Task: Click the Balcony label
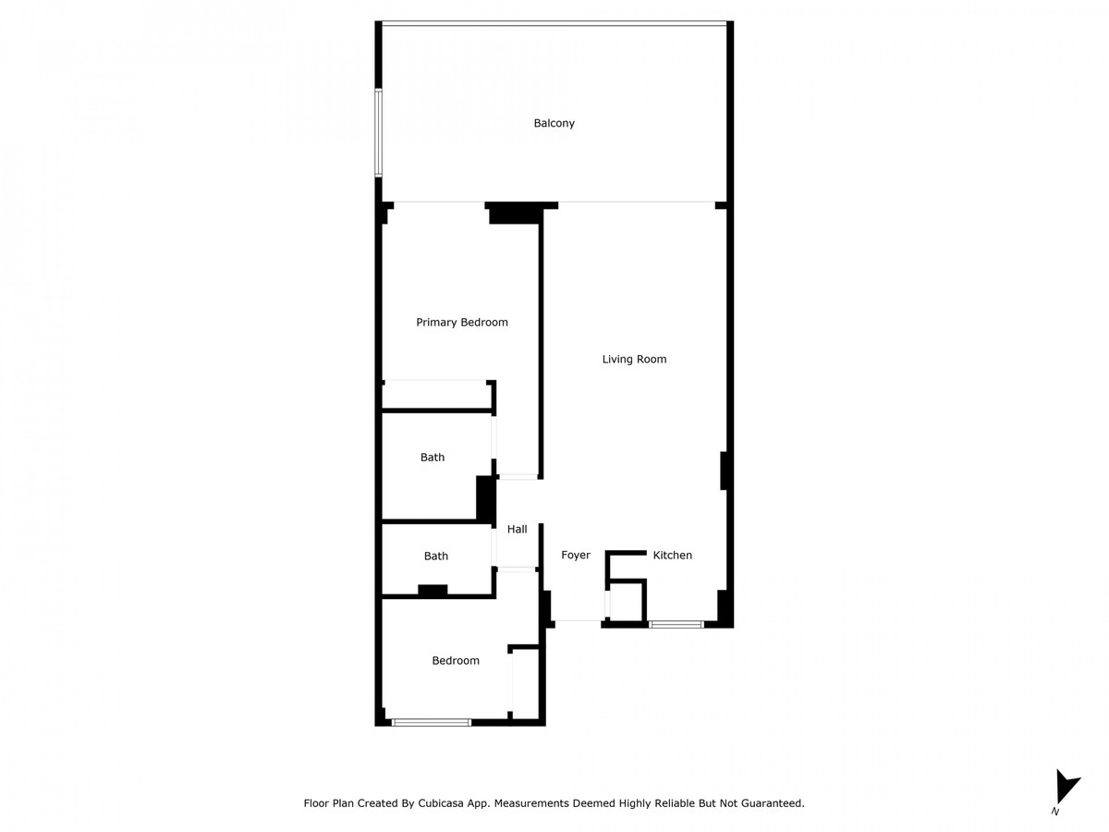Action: pyautogui.click(x=554, y=123)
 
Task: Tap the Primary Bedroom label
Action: pyautogui.click(x=462, y=323)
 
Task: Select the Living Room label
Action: pyautogui.click(x=634, y=359)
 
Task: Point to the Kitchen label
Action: pyautogui.click(x=673, y=556)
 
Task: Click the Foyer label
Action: pyautogui.click(x=576, y=556)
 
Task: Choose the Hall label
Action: pyautogui.click(x=518, y=530)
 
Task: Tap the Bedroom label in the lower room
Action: pyautogui.click(x=457, y=661)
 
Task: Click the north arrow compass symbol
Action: pyautogui.click(x=1066, y=786)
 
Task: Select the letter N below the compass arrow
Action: pyautogui.click(x=1055, y=812)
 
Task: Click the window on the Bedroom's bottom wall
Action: pyautogui.click(x=432, y=722)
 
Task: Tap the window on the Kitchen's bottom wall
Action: pyautogui.click(x=676, y=625)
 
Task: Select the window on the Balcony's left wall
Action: pyautogui.click(x=378, y=131)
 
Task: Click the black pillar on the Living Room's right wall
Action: pyautogui.click(x=725, y=471)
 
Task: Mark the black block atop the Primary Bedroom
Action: pyautogui.click(x=514, y=214)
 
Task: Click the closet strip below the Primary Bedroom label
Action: pyautogui.click(x=436, y=395)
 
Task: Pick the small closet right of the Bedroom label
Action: pyautogui.click(x=525, y=682)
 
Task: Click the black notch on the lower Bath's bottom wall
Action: pyautogui.click(x=433, y=590)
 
